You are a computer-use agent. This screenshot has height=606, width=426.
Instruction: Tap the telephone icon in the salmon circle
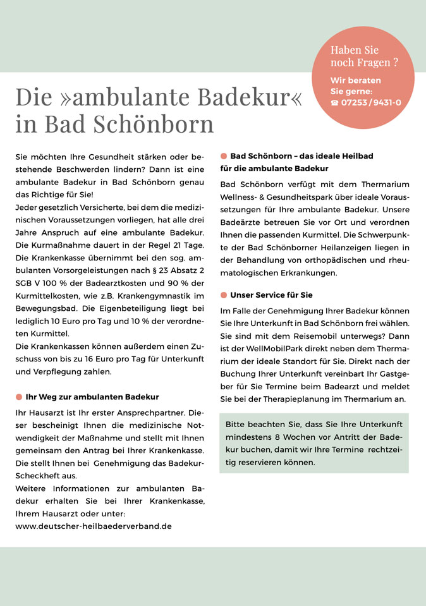[334, 102]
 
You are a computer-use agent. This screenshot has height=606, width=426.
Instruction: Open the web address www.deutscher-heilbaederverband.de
[94, 525]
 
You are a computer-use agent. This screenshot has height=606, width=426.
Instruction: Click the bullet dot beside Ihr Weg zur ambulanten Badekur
[18, 397]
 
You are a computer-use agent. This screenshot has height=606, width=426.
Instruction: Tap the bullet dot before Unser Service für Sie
[224, 295]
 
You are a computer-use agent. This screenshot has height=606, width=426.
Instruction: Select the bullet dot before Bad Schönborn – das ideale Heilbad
[224, 155]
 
